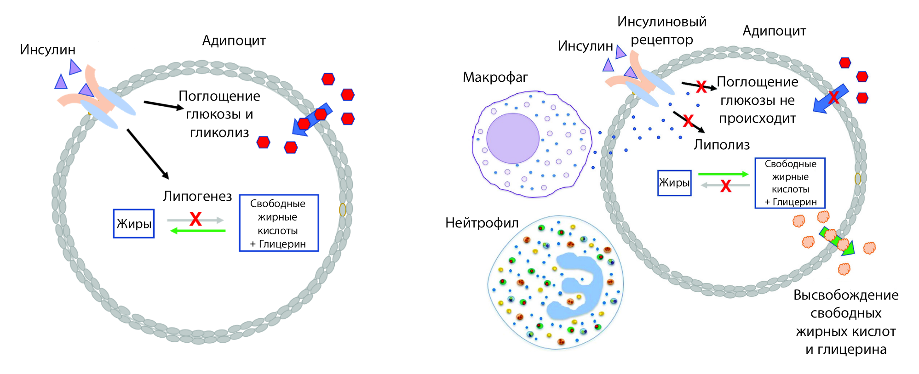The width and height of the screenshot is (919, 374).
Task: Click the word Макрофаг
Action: [x=495, y=77]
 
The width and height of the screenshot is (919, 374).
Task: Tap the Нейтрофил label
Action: [x=482, y=223]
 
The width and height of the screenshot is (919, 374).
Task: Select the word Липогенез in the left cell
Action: [x=197, y=196]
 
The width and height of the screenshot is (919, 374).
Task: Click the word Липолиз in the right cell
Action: [x=722, y=145]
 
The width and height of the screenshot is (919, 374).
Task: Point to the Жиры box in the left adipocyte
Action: [x=134, y=224]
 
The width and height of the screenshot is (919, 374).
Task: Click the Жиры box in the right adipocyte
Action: [x=674, y=183]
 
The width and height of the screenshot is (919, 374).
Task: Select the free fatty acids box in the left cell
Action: [x=279, y=223]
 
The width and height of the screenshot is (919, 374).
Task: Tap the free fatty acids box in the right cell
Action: [x=790, y=183]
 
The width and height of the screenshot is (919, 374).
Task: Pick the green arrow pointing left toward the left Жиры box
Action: [x=198, y=231]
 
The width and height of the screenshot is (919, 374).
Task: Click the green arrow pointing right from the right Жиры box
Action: [x=723, y=174]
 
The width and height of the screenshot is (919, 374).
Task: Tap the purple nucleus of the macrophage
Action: [x=513, y=138]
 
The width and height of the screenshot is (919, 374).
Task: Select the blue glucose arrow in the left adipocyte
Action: [x=313, y=119]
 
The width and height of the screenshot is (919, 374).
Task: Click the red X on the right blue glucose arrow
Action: [x=833, y=97]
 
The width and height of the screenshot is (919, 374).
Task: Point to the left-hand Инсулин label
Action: [x=47, y=50]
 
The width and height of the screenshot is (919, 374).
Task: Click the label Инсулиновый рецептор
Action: [x=661, y=30]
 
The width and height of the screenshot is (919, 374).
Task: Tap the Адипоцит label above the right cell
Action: [x=774, y=31]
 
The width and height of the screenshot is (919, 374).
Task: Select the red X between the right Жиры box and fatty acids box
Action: [x=725, y=186]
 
